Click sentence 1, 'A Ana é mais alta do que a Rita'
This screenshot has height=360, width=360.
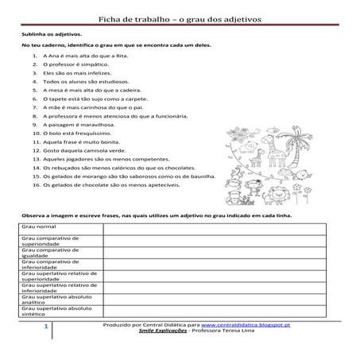(84, 58)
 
